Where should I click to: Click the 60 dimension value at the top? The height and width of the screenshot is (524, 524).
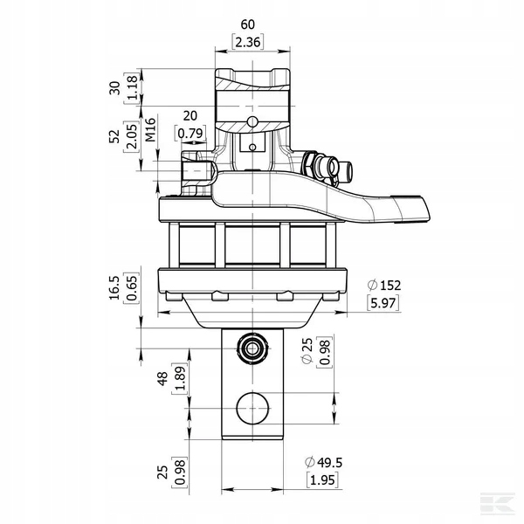[248, 24]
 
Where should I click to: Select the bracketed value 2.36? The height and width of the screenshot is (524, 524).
[248, 43]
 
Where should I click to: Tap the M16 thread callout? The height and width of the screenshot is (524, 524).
[151, 129]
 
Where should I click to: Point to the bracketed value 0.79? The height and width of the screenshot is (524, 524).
[190, 134]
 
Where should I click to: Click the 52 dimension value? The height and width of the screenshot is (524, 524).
[114, 136]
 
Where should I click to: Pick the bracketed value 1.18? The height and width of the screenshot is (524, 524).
[132, 87]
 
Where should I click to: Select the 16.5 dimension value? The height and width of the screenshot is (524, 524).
[114, 288]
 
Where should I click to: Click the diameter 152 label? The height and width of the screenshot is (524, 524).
[384, 286]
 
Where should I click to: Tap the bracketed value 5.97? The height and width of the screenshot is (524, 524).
[383, 303]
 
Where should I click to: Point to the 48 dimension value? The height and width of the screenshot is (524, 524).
[162, 379]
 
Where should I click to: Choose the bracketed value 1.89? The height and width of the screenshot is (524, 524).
[180, 379]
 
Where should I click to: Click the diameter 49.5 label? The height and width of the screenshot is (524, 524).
[324, 463]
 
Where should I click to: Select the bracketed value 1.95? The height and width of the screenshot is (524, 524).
[322, 480]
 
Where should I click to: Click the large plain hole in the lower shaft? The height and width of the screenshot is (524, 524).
[252, 409]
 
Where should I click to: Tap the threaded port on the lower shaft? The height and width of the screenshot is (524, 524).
[252, 348]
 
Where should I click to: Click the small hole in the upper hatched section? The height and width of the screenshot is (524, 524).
[252, 121]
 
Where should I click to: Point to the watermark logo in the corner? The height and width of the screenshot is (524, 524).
[497, 504]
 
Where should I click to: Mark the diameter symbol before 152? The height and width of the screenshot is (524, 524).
[372, 286]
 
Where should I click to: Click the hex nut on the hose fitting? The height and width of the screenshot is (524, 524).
[309, 163]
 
